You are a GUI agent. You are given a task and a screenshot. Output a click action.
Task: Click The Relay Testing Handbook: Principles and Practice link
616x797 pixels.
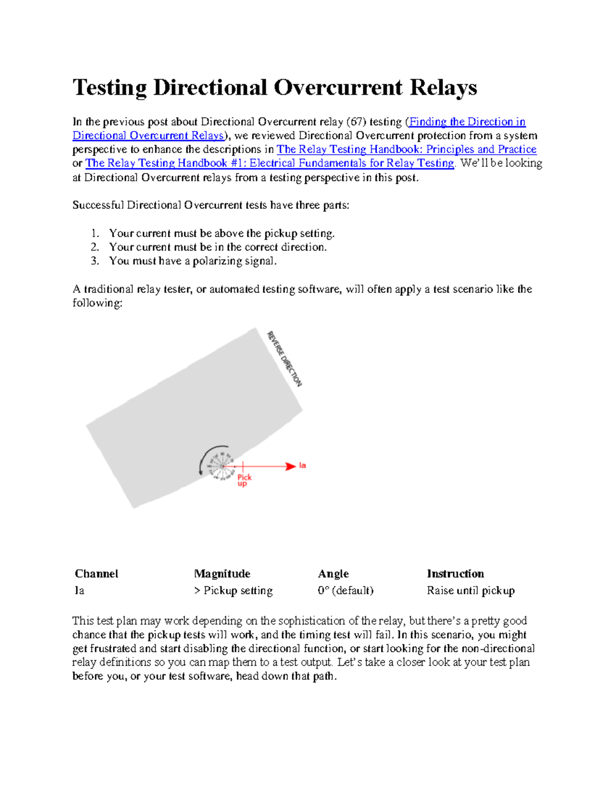(406, 149)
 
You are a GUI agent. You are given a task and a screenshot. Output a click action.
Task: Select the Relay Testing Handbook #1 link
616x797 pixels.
(269, 163)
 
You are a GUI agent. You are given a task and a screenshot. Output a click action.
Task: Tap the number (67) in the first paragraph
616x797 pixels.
(356, 122)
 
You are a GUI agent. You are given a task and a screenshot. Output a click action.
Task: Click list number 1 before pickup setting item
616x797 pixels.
(94, 234)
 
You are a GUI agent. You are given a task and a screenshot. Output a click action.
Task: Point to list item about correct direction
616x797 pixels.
(218, 247)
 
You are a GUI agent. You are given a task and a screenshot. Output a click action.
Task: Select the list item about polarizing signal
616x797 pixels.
(192, 261)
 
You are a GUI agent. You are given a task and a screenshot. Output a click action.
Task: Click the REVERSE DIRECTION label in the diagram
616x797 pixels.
(284, 359)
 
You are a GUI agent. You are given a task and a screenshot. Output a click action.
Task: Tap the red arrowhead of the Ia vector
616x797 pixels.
(290, 466)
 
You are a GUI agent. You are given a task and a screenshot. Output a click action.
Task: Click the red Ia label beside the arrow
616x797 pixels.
(302, 465)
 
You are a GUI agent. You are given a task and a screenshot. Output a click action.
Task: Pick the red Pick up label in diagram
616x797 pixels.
(244, 480)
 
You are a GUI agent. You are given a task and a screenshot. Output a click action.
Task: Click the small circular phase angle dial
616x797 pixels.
(221, 466)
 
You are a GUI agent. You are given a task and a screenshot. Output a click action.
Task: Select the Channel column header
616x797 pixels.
(97, 574)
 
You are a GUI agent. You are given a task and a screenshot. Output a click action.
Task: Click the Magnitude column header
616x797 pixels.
(222, 574)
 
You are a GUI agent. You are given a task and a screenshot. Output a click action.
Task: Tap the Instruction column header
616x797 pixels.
(455, 574)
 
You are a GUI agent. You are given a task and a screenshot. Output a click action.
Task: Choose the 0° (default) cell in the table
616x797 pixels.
(345, 591)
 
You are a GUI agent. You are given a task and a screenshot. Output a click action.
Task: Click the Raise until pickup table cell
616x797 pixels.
(470, 591)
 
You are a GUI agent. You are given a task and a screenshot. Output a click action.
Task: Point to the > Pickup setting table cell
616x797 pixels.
(233, 591)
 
